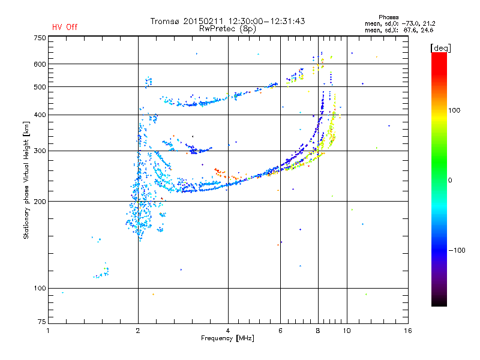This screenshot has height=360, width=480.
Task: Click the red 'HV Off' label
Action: click(x=65, y=27)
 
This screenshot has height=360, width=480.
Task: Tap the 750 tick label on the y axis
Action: click(x=40, y=37)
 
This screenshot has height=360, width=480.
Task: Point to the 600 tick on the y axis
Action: click(x=40, y=64)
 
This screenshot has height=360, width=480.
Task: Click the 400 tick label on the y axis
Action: click(x=40, y=115)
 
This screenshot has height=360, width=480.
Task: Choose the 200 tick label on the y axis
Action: click(x=40, y=201)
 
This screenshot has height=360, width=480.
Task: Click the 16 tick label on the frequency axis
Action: click(x=408, y=331)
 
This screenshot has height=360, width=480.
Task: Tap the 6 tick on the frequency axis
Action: click(x=280, y=331)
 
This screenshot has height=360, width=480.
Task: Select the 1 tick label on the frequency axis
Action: click(x=49, y=331)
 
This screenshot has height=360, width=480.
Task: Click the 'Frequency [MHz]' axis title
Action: click(x=227, y=338)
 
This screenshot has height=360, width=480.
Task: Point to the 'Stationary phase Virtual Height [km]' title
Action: click(x=26, y=179)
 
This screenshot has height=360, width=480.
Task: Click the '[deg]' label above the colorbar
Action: click(x=441, y=47)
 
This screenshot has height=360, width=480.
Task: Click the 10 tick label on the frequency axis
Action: click(x=346, y=331)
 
